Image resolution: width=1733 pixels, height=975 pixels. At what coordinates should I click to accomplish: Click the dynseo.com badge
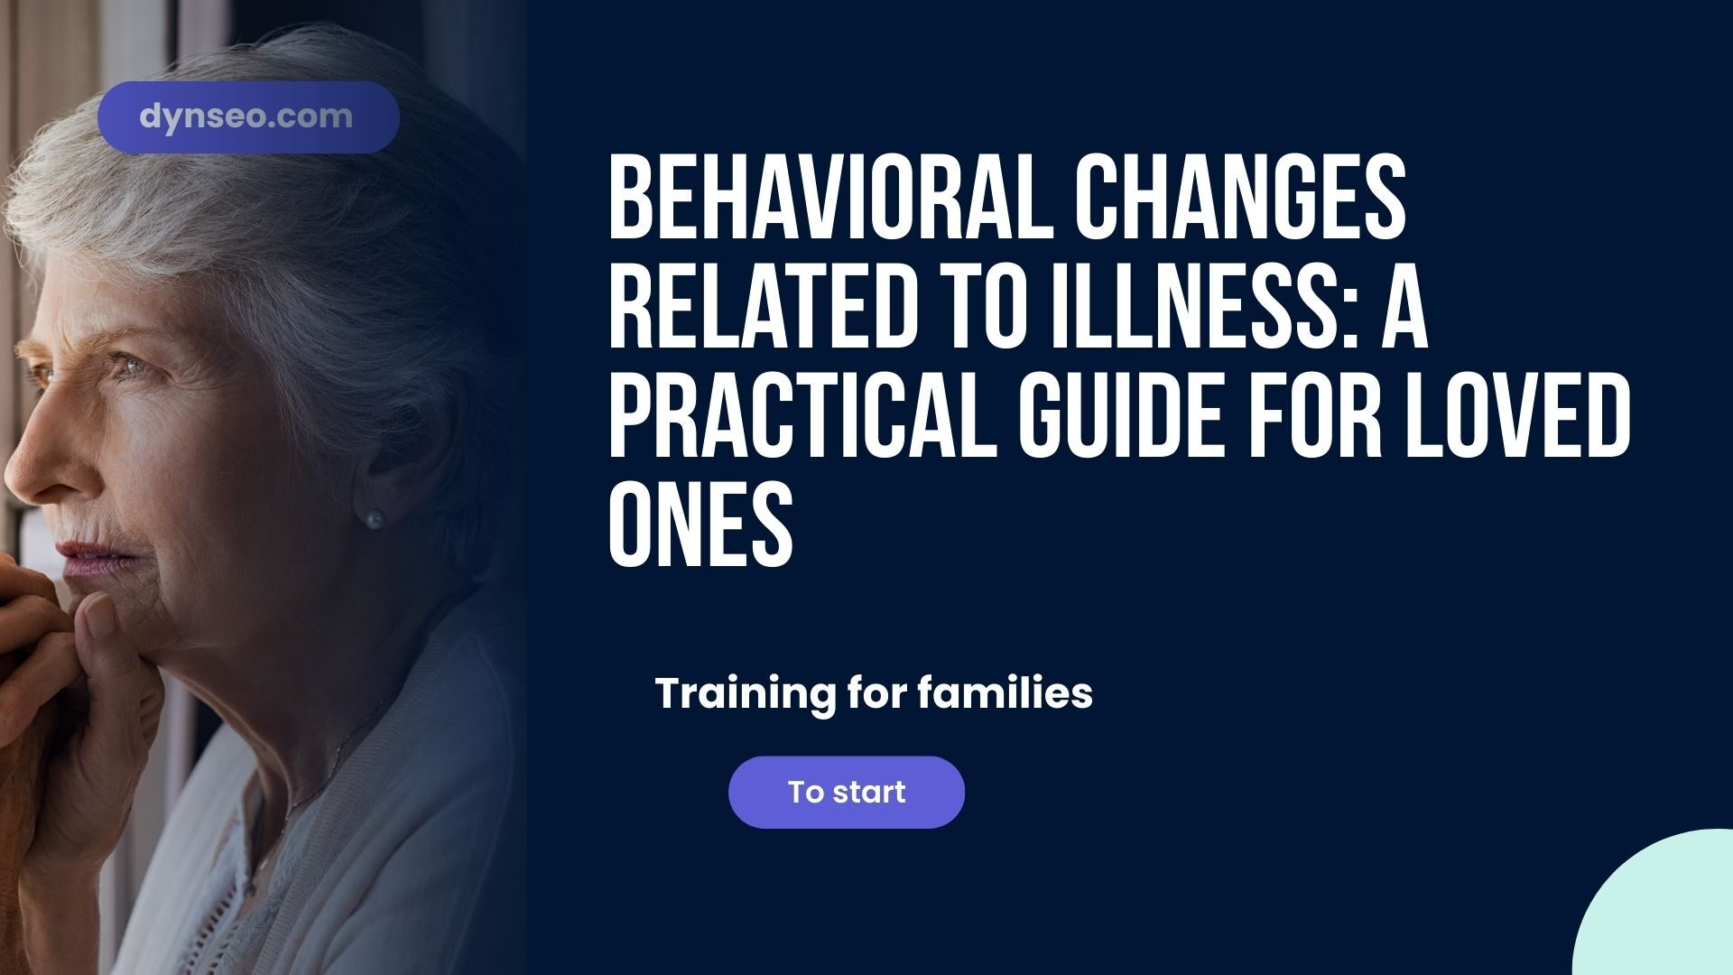248,117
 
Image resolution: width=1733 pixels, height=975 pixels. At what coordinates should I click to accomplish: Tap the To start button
846,792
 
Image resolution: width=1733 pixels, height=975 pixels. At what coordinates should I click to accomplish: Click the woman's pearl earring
373,519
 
